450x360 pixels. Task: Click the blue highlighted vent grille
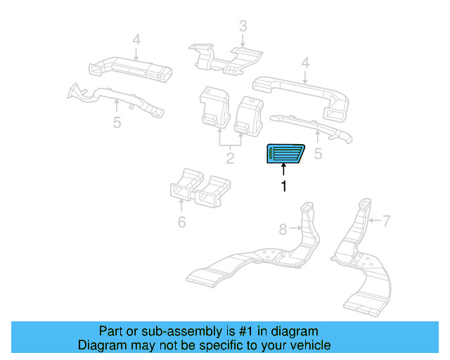click(284, 153)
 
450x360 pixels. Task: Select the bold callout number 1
click(284, 186)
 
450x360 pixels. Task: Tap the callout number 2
click(230, 157)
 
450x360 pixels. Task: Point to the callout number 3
click(243, 27)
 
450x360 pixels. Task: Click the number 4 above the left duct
click(136, 39)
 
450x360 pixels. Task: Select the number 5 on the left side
click(117, 122)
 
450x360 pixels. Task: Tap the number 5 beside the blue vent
click(318, 153)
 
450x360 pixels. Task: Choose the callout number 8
click(283, 229)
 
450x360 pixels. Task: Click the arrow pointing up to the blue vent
click(284, 169)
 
